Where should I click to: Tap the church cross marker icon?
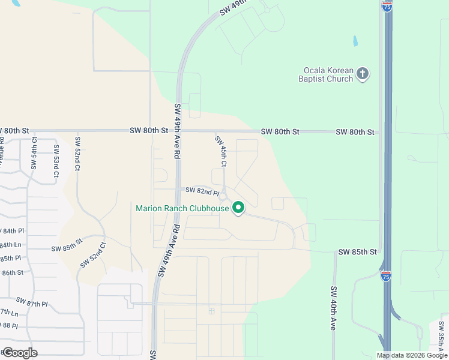[x=363, y=74]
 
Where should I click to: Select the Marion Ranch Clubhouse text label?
[x=182, y=209]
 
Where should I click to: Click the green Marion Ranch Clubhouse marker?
[x=238, y=208]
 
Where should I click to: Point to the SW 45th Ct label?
[x=221, y=151]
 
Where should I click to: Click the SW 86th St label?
[x=11, y=272]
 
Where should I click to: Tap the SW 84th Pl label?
[x=12, y=230]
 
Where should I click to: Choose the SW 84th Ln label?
[x=10, y=245]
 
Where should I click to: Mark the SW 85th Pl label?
[x=10, y=258]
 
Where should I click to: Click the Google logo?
[x=19, y=352]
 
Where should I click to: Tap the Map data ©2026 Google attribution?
[x=412, y=355]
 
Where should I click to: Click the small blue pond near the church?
[x=355, y=42]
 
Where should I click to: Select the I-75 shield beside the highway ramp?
[x=385, y=275]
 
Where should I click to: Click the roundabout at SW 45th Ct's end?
[x=223, y=196]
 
